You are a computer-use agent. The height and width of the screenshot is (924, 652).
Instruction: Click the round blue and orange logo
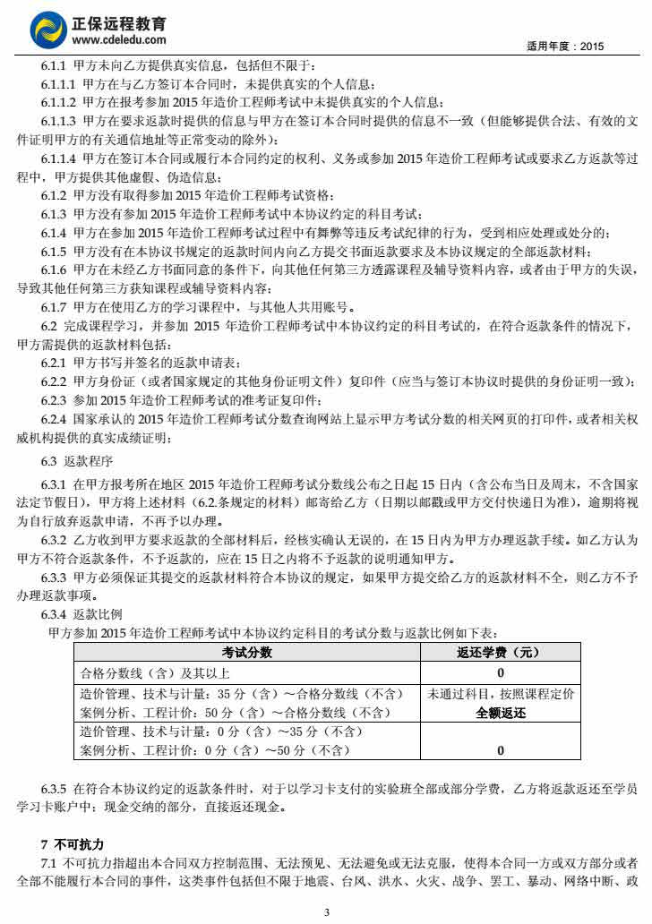click(48, 30)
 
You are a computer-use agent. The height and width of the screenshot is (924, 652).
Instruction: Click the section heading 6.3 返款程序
click(76, 461)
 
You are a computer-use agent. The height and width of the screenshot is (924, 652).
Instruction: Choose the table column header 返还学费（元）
click(500, 653)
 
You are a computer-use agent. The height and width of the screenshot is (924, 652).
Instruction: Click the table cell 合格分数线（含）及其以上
click(156, 673)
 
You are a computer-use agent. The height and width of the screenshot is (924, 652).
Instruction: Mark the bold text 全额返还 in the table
click(501, 714)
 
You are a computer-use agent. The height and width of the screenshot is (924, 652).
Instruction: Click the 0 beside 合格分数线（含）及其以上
click(501, 673)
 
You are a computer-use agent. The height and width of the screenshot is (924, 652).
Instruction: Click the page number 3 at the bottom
click(327, 911)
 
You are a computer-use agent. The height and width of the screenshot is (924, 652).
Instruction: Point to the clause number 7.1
click(48, 862)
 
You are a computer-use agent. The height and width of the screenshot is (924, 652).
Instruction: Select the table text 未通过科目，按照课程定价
click(501, 694)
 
